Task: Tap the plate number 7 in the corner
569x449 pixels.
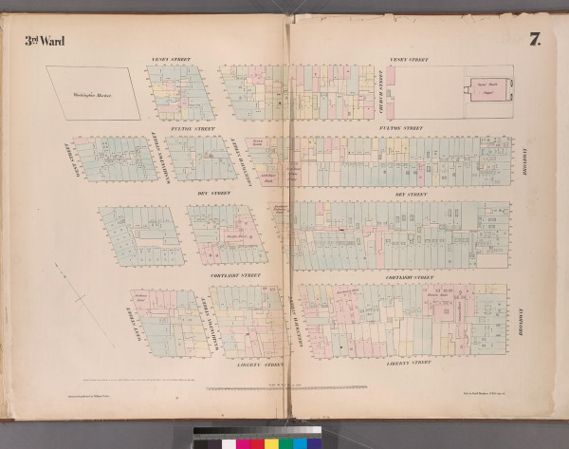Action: [536, 40]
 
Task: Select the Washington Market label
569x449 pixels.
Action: [93, 92]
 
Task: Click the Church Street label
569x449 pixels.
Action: [377, 90]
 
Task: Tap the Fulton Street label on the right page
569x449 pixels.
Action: [399, 127]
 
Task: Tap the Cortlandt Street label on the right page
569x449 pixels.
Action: [411, 276]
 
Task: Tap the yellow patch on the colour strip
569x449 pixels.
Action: [271, 443]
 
